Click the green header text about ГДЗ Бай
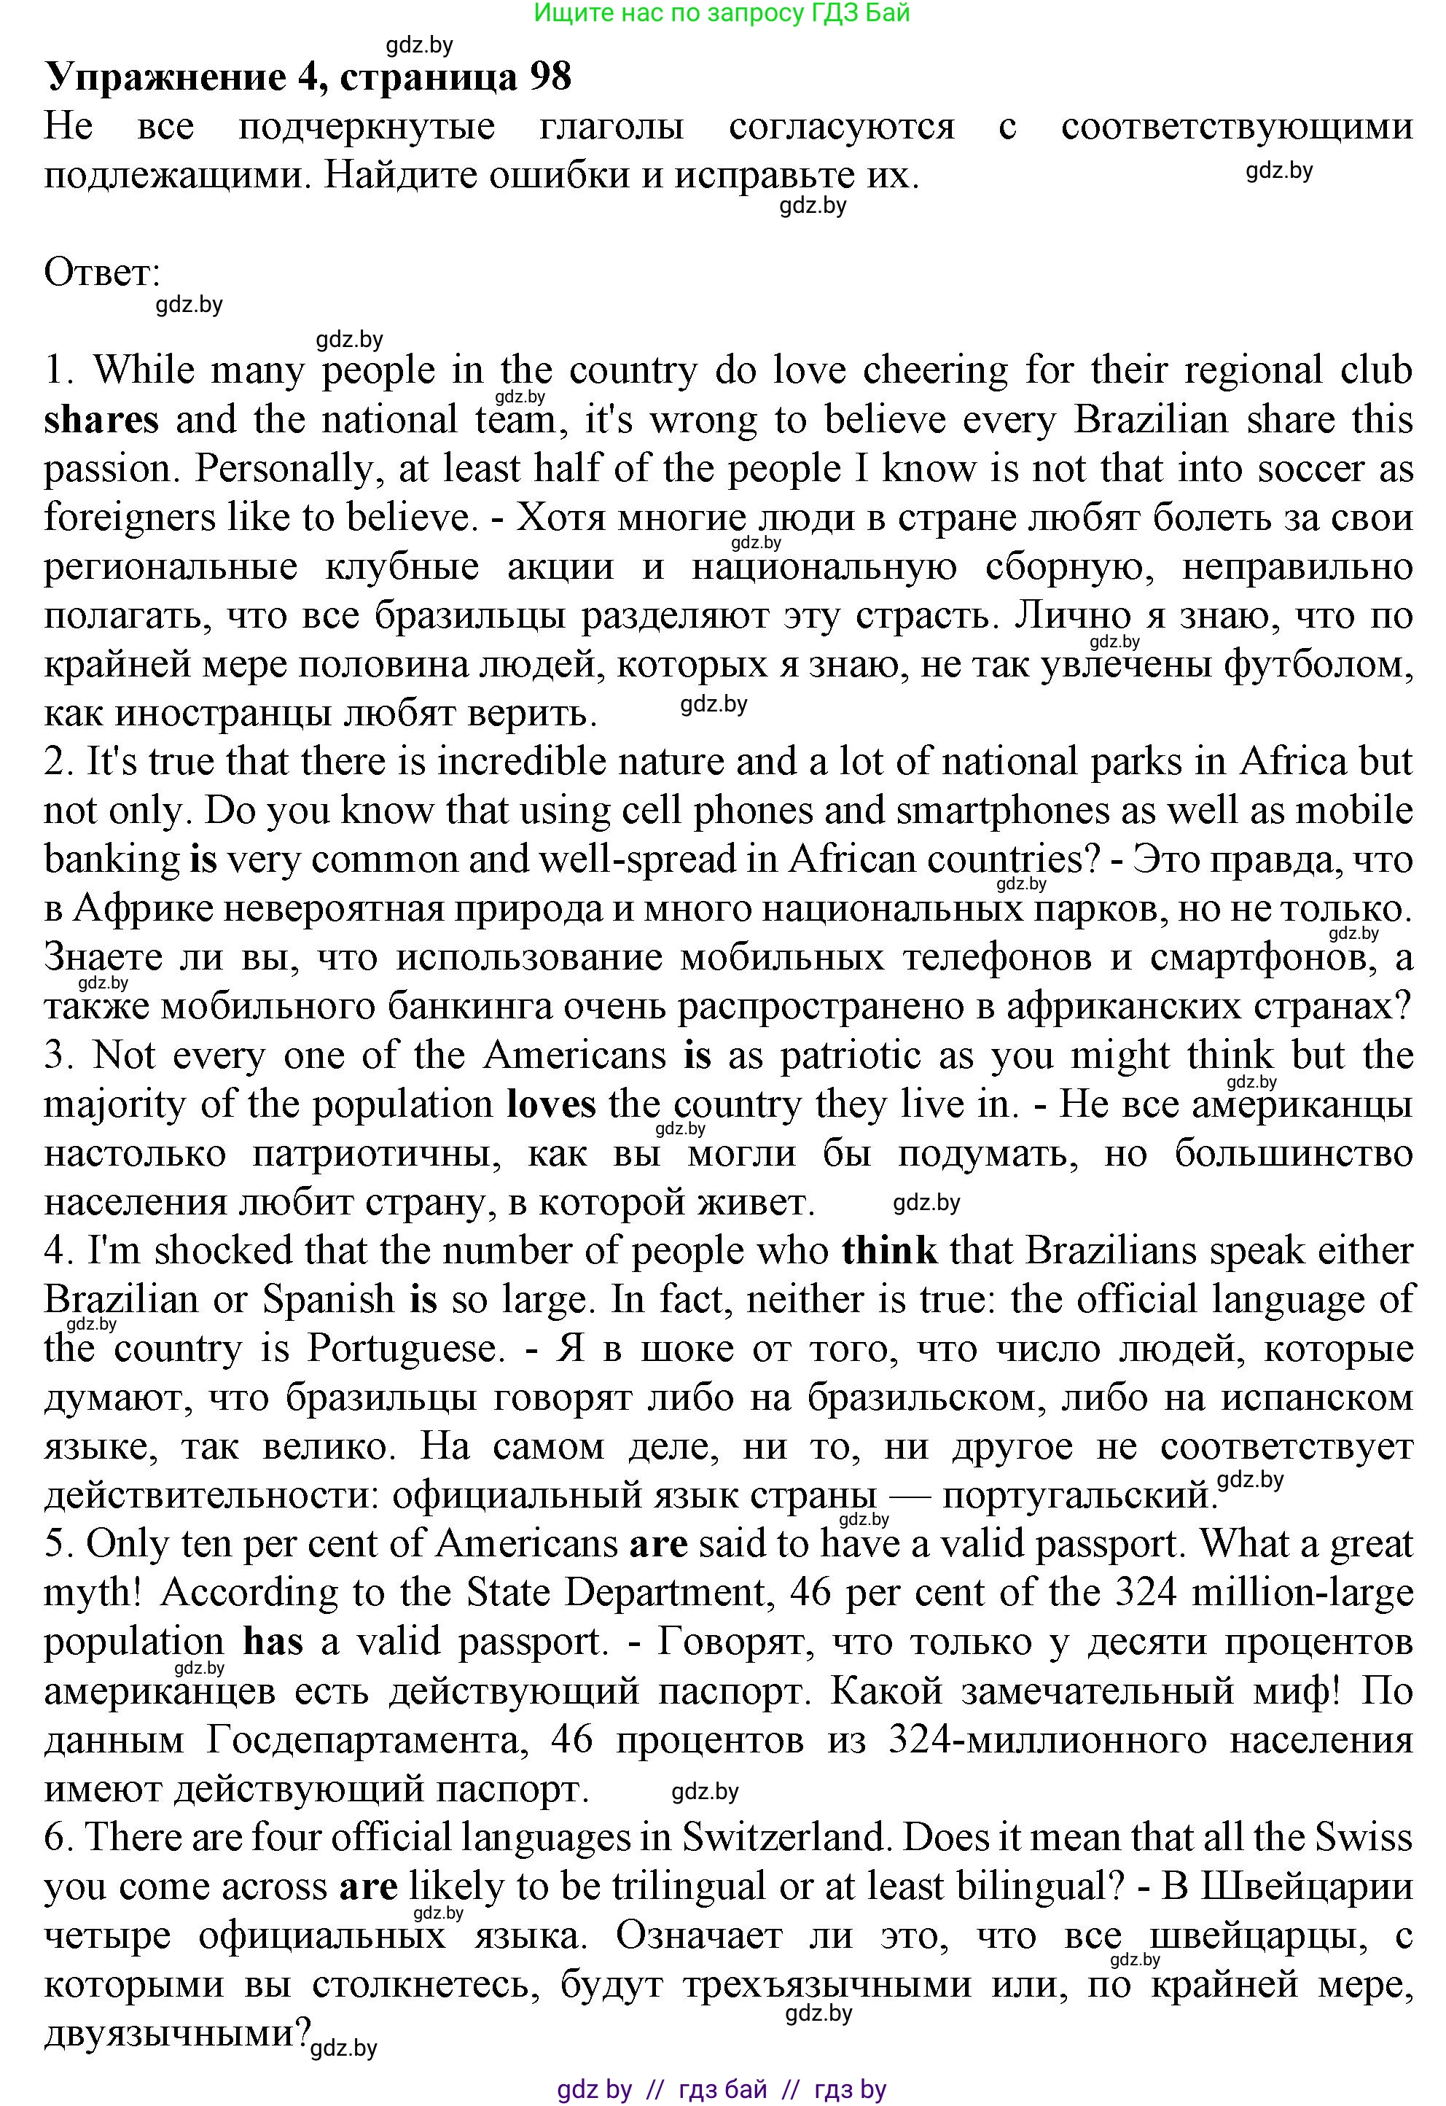coord(722,12)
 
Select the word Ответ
coord(101,272)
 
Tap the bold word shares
coord(101,421)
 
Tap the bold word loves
coord(552,1104)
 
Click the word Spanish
coord(329,1300)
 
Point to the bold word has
coord(273,1642)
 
